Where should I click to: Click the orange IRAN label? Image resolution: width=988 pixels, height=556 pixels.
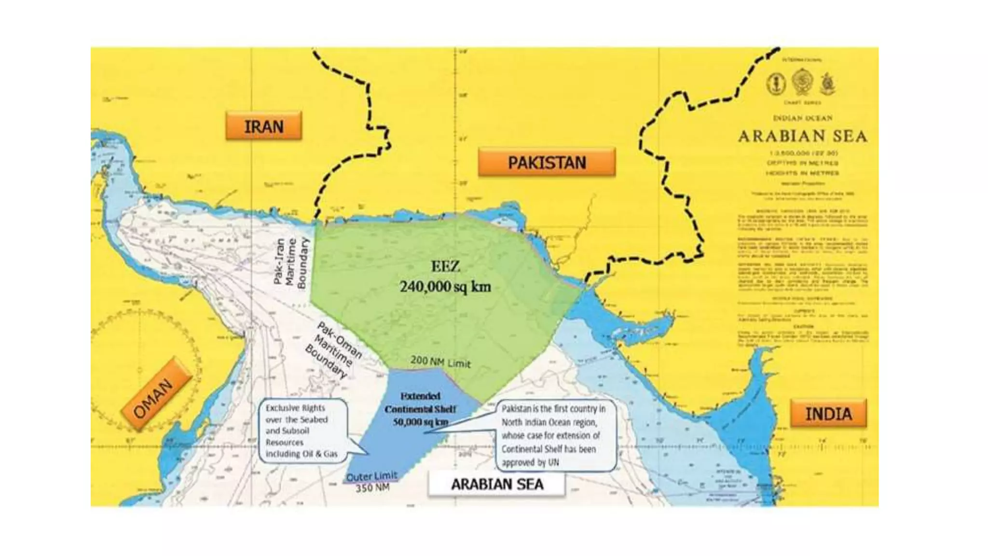tap(263, 126)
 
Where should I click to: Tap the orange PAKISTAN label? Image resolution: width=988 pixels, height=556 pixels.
tap(547, 162)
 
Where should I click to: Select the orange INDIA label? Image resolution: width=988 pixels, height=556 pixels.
tap(828, 414)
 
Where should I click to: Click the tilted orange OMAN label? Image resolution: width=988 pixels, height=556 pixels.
tap(153, 399)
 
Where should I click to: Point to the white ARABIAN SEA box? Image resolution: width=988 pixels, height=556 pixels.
tap(496, 484)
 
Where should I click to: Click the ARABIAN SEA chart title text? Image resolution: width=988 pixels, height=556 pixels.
tap(802, 137)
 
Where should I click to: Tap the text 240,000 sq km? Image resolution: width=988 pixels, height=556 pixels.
tap(445, 287)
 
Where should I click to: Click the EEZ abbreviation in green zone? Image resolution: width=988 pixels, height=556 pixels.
tap(445, 266)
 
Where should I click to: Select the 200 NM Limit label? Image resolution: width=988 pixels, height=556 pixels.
tap(440, 362)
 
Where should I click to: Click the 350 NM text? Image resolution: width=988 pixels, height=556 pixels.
tap(372, 488)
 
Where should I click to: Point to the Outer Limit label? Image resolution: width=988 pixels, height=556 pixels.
tap(371, 476)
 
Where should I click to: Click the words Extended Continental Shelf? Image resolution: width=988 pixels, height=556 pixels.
tap(420, 403)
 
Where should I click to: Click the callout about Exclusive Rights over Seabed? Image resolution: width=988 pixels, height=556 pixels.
tap(302, 431)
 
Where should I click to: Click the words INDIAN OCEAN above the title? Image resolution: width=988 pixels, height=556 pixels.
tap(802, 118)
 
